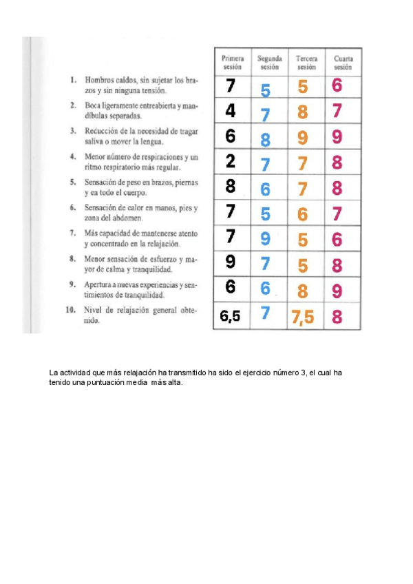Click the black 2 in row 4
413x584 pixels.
(x=231, y=161)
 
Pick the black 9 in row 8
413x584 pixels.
(x=231, y=262)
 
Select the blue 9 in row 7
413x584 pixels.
(x=266, y=239)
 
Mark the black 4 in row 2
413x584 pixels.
(x=231, y=110)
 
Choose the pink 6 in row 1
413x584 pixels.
(x=337, y=85)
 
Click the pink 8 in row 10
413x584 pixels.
(x=337, y=317)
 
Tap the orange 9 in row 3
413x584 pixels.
(x=303, y=138)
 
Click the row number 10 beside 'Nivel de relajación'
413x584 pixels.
(x=70, y=310)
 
